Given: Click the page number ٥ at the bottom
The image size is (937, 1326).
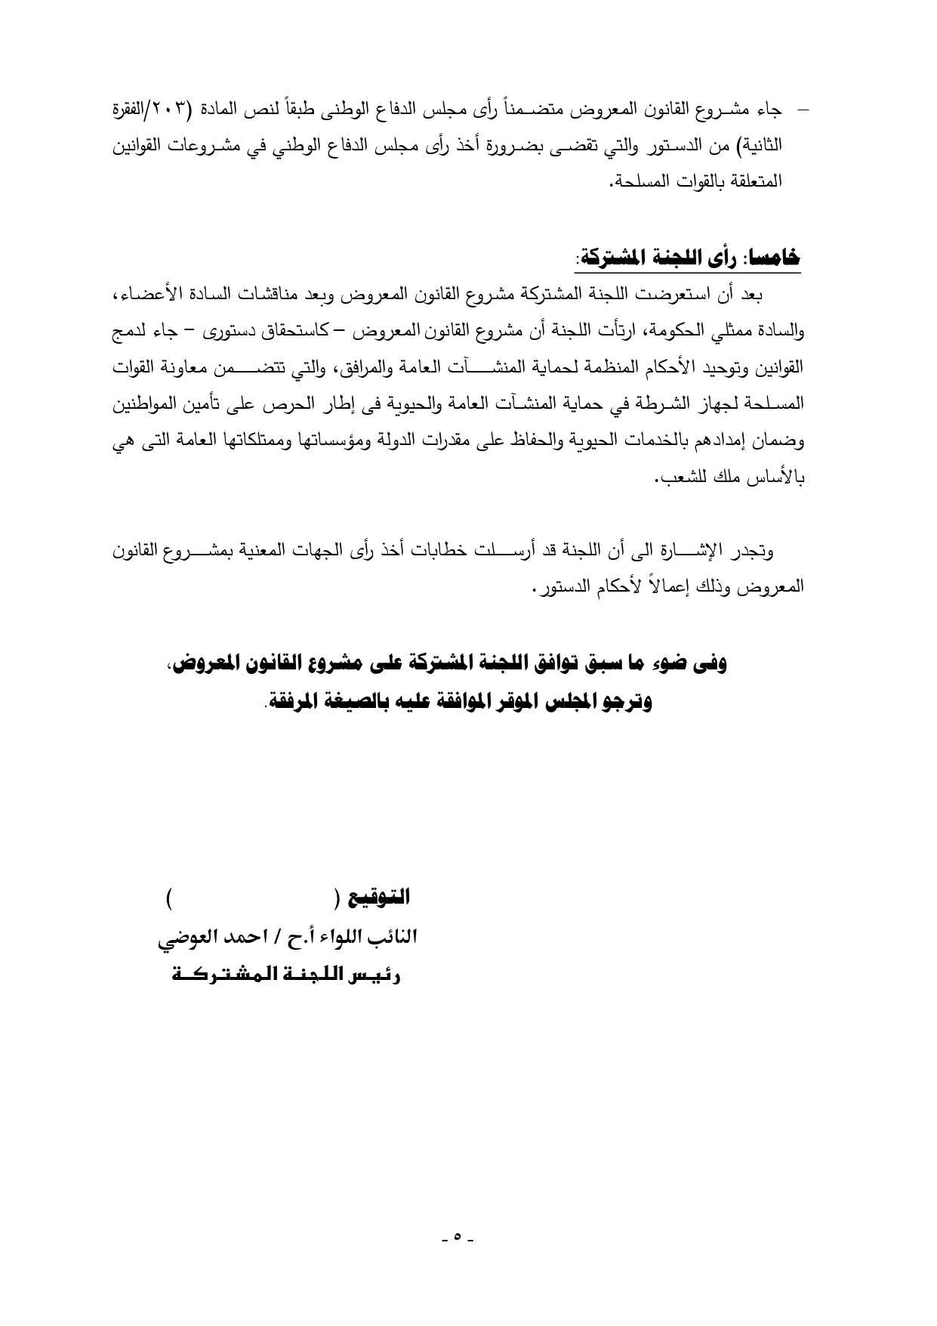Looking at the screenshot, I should click(458, 1238).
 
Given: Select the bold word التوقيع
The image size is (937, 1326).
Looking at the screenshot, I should click(381, 898).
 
